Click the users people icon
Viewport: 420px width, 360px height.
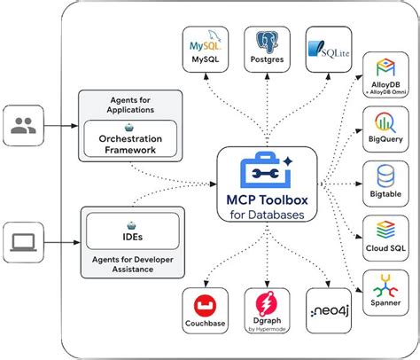(23, 127)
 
